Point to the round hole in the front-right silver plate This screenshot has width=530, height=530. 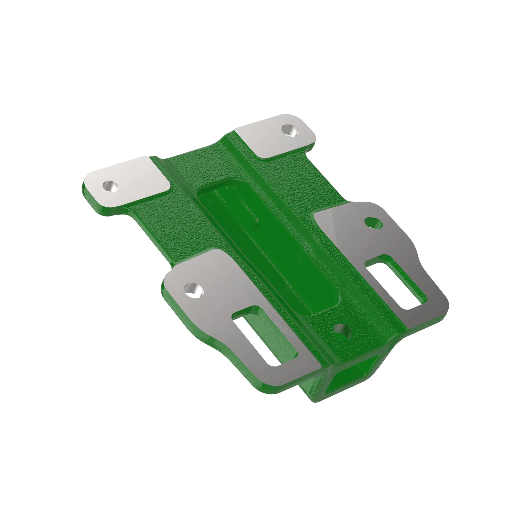(x=373, y=223)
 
